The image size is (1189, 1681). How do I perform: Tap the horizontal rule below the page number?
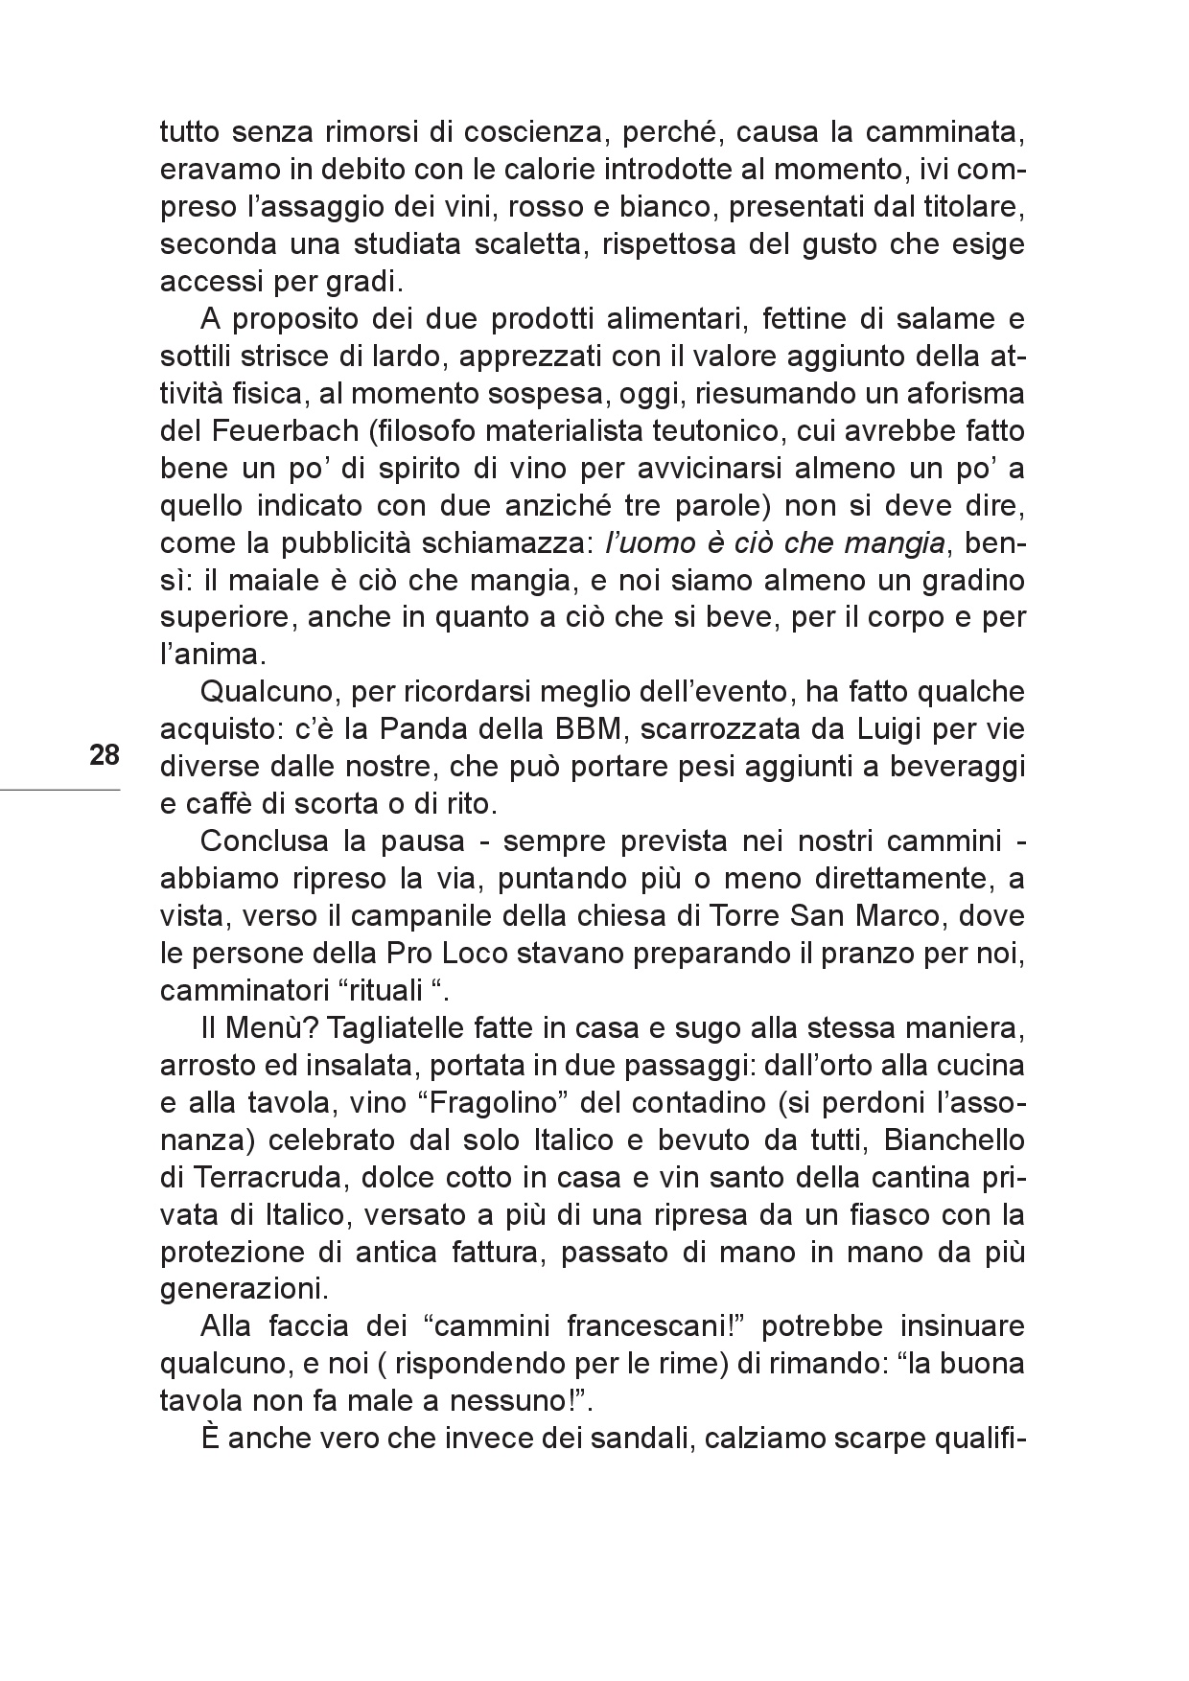click(x=59, y=790)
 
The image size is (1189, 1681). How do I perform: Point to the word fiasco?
click(x=887, y=1215)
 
